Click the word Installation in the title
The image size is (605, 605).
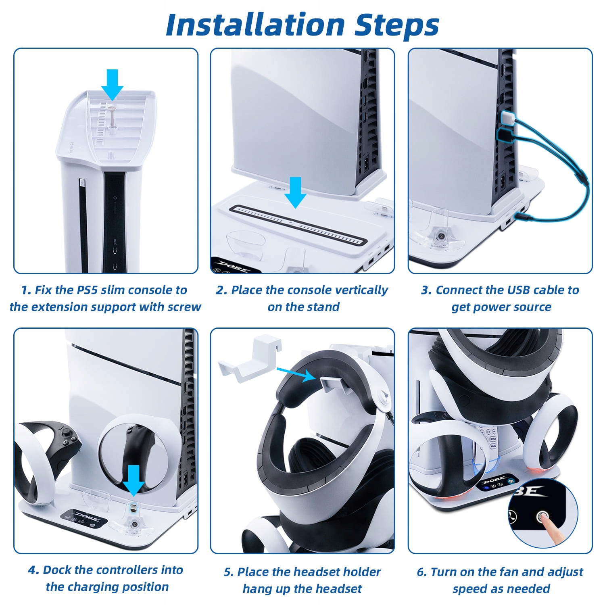(x=255, y=25)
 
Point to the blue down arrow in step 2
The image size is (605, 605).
(x=296, y=193)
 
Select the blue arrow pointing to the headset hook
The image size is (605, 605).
(x=296, y=373)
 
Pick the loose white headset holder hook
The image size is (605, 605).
(x=249, y=361)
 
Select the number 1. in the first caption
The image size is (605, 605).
(x=26, y=290)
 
